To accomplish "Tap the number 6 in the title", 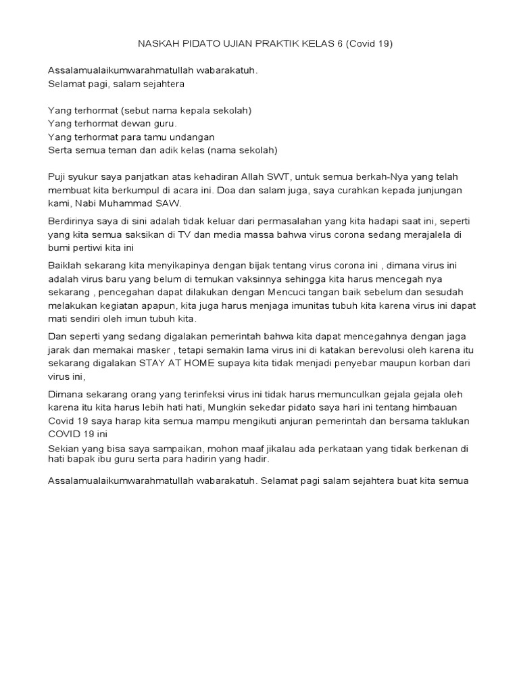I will point(344,44).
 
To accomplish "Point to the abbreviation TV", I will point(186,234).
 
